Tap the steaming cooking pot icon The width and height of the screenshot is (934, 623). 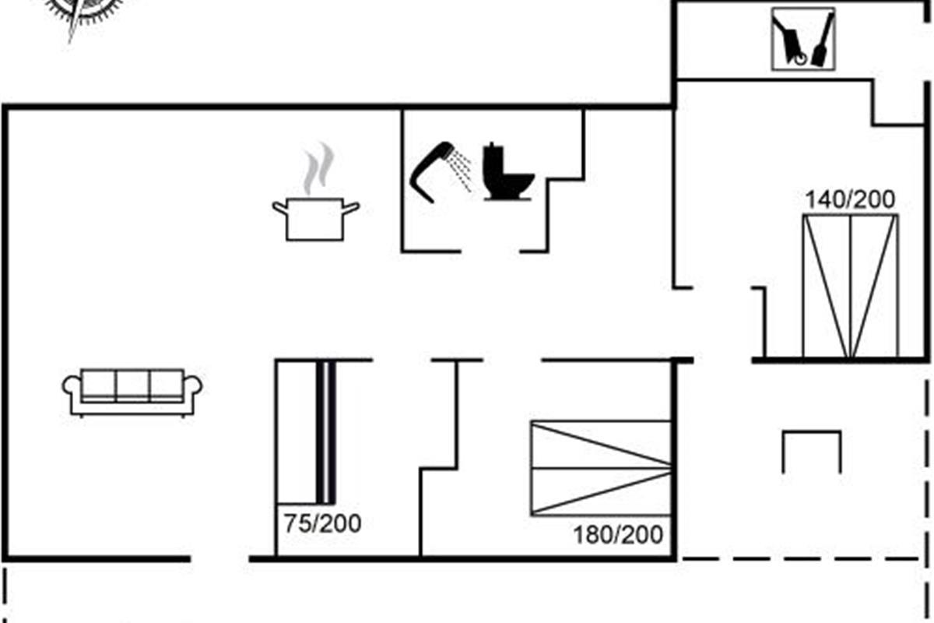coord(316,218)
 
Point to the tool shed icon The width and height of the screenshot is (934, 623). coord(802,39)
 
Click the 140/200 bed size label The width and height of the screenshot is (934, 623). coord(850,200)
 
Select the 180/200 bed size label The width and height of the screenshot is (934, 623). coord(618,535)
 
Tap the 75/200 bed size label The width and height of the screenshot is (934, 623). coord(322,524)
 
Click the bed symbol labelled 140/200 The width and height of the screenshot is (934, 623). coord(850,287)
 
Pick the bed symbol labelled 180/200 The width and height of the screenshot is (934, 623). coord(600,468)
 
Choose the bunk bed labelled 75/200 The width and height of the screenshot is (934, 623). coord(307,431)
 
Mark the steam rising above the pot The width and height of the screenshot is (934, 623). coord(318,167)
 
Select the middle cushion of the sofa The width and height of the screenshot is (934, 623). coord(132,385)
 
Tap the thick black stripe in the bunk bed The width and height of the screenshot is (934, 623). coord(326,431)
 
